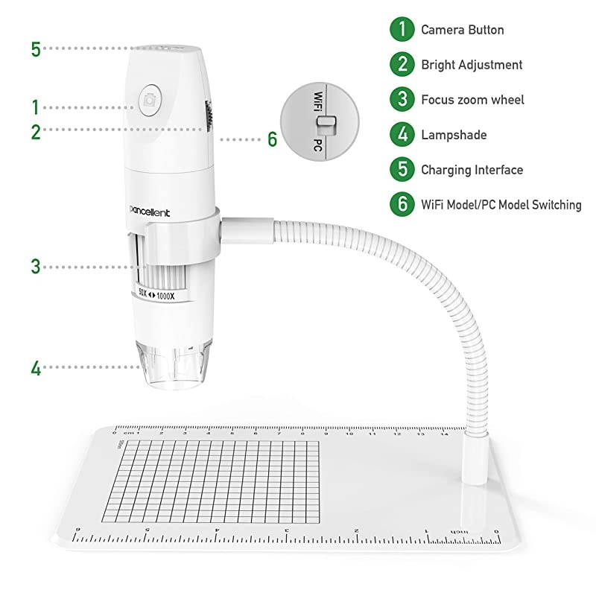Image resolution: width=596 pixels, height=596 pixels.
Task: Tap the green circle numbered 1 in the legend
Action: pyautogui.click(x=402, y=30)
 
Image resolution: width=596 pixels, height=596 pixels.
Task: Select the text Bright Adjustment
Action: pyautogui.click(x=472, y=65)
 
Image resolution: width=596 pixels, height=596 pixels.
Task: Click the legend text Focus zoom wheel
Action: pyautogui.click(x=472, y=100)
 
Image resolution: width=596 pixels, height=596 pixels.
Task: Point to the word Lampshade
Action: pyautogui.click(x=454, y=135)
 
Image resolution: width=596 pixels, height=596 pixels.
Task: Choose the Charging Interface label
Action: pyautogui.click(x=472, y=170)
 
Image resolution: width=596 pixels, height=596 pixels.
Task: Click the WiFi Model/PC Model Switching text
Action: pyautogui.click(x=501, y=205)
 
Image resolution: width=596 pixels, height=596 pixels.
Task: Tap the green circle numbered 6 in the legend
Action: pyautogui.click(x=402, y=205)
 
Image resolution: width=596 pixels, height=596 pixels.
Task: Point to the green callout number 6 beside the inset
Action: pyautogui.click(x=272, y=139)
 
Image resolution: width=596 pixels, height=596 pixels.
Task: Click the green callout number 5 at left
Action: pyautogui.click(x=36, y=49)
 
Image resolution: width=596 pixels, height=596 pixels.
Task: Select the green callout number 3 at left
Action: pyautogui.click(x=36, y=266)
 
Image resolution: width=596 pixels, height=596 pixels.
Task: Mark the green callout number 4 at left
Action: pyautogui.click(x=36, y=367)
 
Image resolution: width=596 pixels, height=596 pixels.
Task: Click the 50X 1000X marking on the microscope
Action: pyautogui.click(x=156, y=296)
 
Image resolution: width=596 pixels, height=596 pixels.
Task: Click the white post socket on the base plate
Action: pyautogui.click(x=473, y=458)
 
